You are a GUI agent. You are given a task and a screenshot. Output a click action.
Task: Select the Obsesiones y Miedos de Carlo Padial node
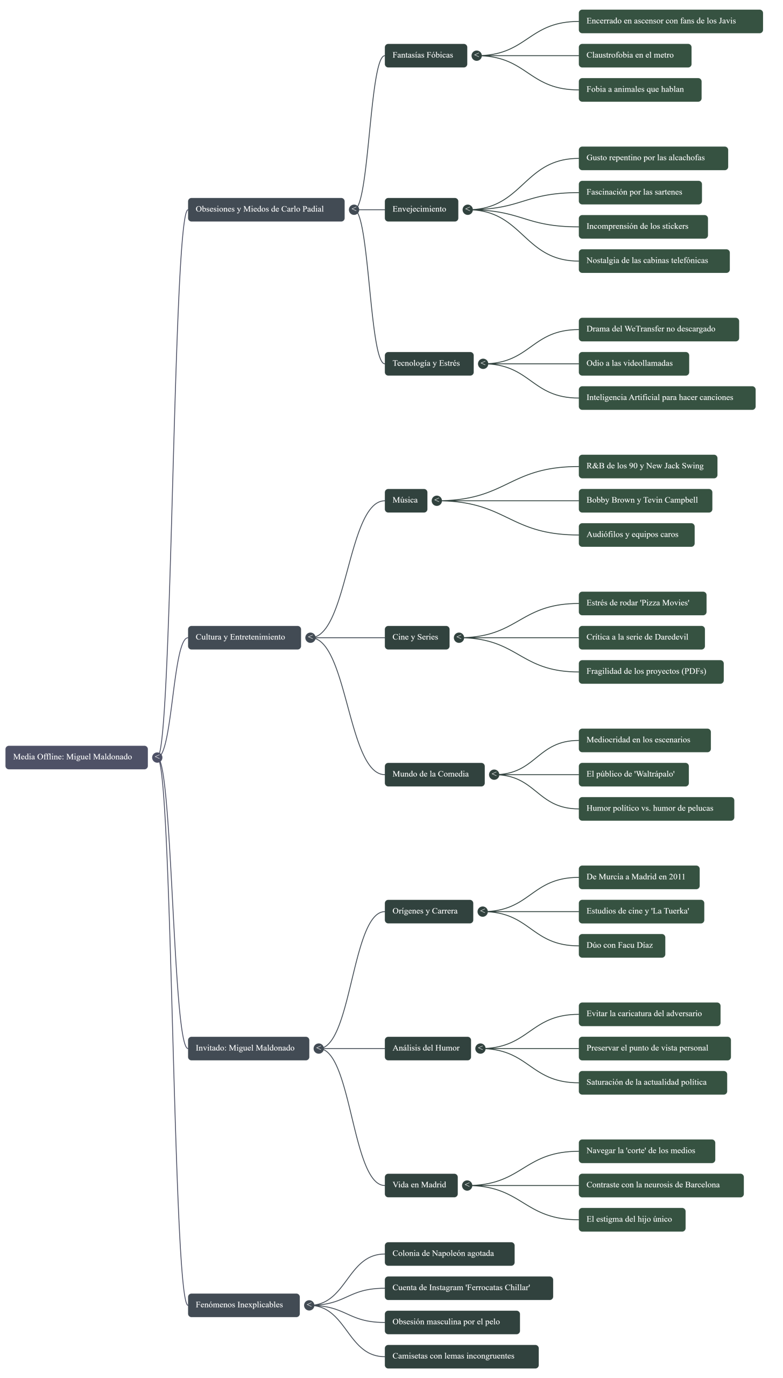(x=266, y=209)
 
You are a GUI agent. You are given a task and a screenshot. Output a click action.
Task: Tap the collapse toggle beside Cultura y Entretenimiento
(x=311, y=637)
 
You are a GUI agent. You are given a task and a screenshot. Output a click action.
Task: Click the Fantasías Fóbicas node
(x=425, y=55)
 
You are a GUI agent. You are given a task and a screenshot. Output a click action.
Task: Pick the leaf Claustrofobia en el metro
(x=634, y=55)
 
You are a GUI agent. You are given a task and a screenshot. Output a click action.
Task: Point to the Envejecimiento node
(x=421, y=209)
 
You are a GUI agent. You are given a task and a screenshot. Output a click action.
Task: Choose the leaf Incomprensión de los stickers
(x=643, y=227)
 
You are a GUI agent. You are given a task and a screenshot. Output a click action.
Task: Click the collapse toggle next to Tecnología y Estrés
(x=483, y=363)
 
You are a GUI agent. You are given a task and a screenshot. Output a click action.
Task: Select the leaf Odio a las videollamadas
(x=633, y=363)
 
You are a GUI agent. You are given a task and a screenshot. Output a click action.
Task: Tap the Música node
(x=406, y=501)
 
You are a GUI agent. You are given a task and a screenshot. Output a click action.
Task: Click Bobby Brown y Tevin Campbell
(x=645, y=501)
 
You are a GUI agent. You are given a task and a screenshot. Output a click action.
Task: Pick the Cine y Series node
(x=417, y=637)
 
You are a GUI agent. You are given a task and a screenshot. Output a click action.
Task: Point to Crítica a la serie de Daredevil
(x=641, y=637)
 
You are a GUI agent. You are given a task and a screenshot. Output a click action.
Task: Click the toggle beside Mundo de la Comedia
(x=494, y=775)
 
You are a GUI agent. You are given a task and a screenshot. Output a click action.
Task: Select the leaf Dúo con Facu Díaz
(x=622, y=946)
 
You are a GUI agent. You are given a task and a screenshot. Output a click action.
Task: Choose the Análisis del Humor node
(x=427, y=1049)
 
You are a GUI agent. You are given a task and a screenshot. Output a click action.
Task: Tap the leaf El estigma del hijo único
(x=632, y=1220)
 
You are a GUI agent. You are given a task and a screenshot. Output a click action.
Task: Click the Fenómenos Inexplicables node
(x=243, y=1305)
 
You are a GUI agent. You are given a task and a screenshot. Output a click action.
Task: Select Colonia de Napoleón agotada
(x=449, y=1254)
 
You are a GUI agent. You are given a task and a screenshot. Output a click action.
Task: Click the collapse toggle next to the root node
(x=157, y=757)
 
